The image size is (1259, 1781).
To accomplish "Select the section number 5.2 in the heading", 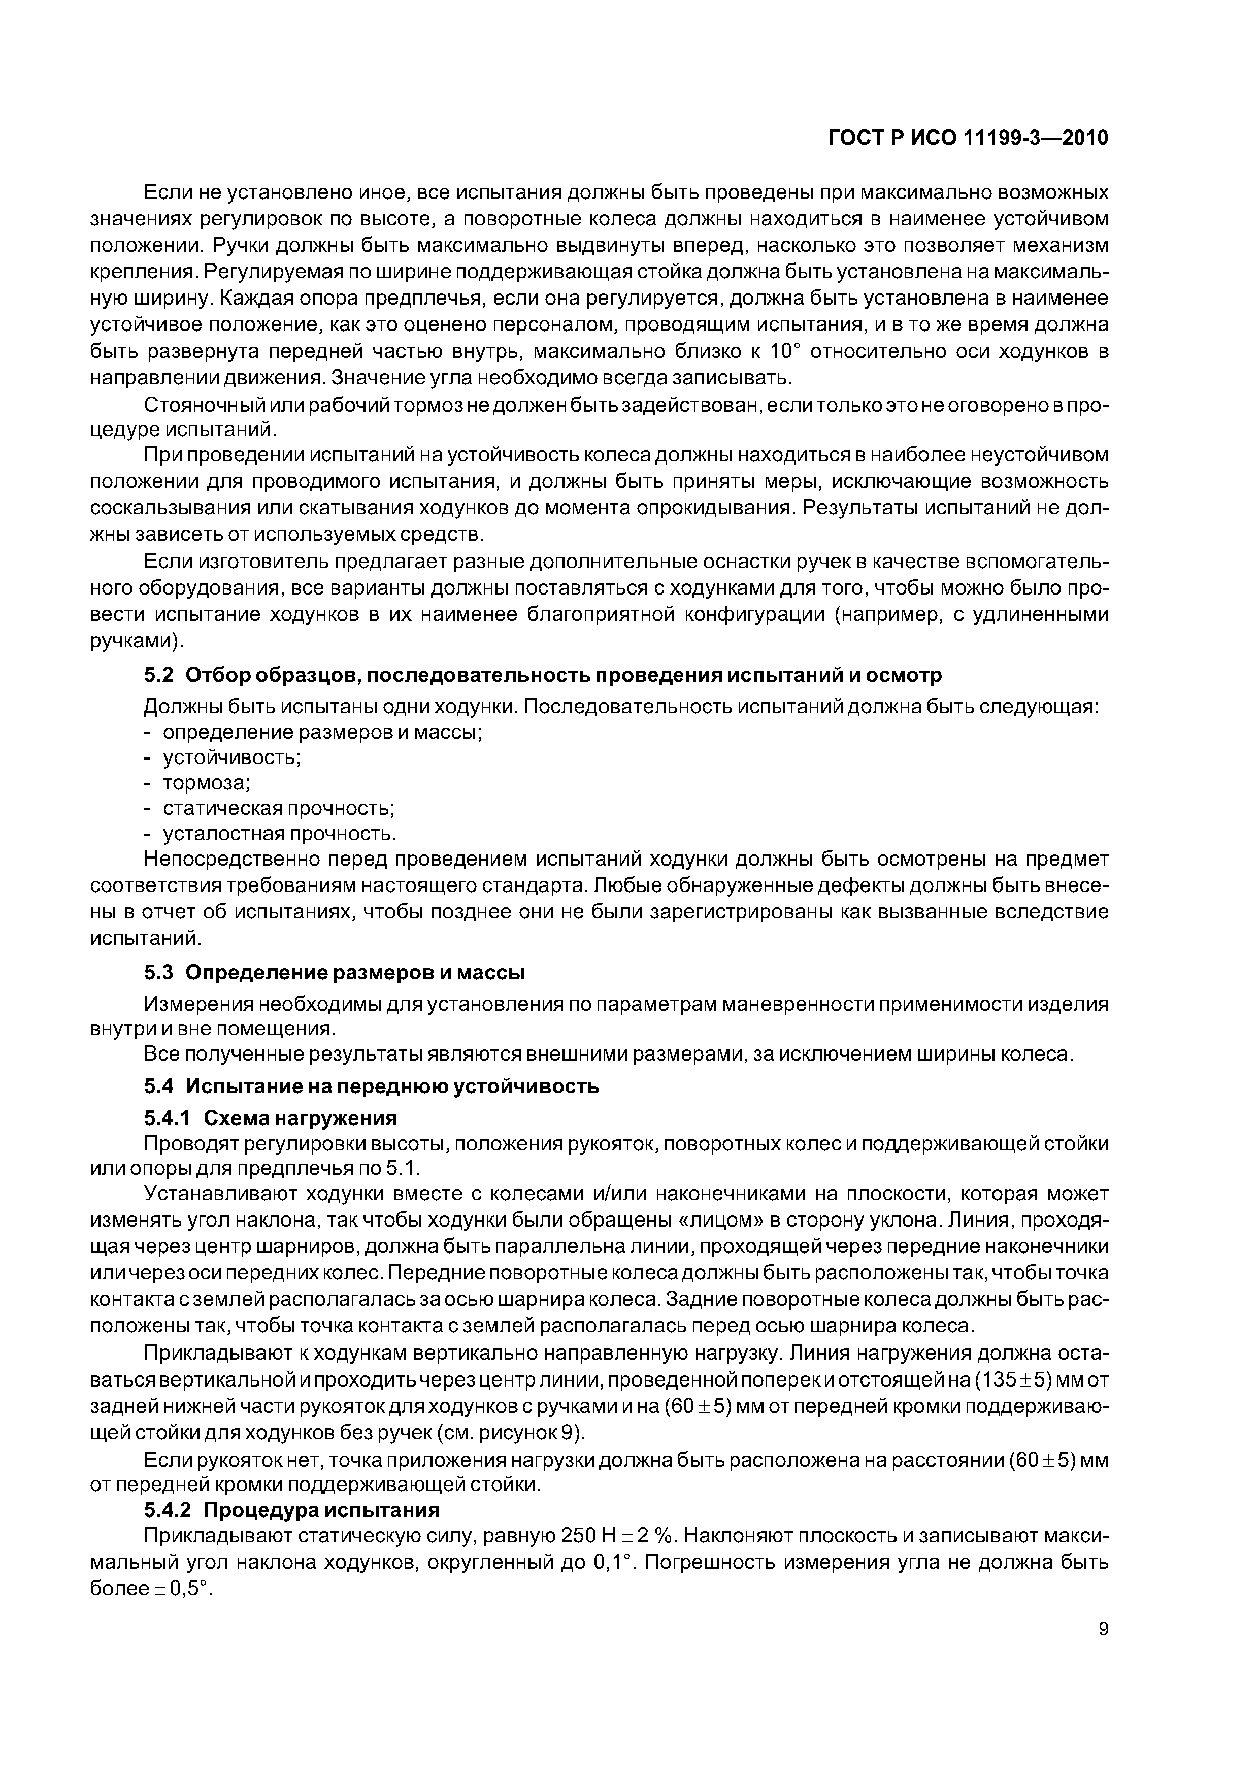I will coord(158,676).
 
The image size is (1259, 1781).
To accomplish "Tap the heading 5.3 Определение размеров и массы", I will coord(335,972).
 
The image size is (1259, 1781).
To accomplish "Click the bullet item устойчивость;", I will coord(231,757).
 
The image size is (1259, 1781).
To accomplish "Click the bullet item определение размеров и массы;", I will coord(322,732).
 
